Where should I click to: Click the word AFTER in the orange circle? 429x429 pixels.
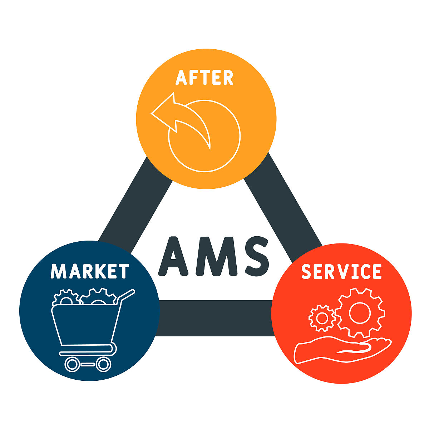(x=204, y=77)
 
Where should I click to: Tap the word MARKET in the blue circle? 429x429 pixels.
(x=90, y=271)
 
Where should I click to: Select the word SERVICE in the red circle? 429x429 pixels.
(x=341, y=271)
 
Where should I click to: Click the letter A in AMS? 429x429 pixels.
(x=173, y=256)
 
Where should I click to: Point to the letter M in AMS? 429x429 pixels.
(x=216, y=256)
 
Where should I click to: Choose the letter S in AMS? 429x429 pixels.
(x=257, y=256)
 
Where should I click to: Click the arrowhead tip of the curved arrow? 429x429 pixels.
(x=151, y=114)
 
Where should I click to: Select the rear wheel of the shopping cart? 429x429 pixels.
(x=104, y=364)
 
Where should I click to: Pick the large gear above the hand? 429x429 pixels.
(x=360, y=313)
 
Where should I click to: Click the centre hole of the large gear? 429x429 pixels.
(x=360, y=313)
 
